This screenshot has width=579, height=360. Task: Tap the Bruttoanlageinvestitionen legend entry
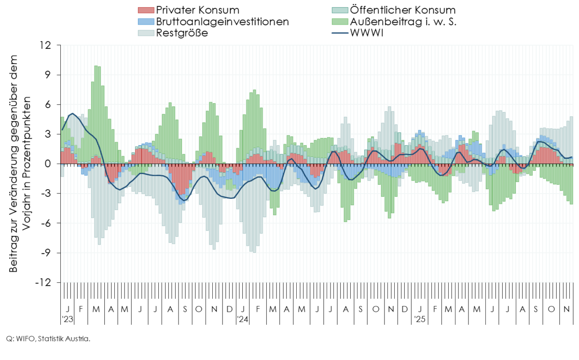(222, 22)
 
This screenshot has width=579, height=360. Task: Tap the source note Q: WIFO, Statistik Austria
(48, 339)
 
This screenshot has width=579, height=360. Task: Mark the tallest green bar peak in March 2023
(96, 66)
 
